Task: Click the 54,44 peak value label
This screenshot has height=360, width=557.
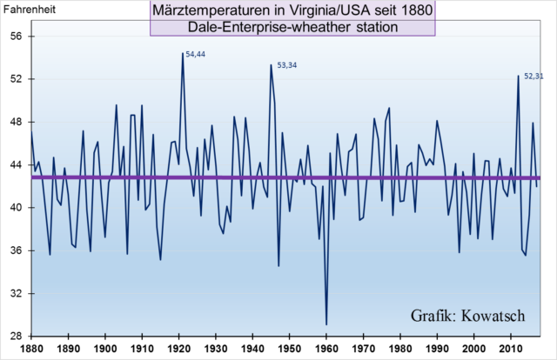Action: (x=196, y=55)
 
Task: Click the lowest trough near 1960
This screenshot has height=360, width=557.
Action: (x=326, y=324)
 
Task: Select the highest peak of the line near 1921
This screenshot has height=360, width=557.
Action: (x=183, y=53)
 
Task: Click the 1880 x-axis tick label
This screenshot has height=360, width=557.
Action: (x=30, y=349)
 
